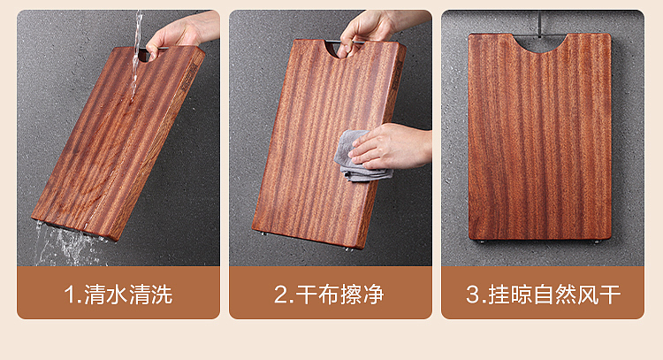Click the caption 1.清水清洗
118,294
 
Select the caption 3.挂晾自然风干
543,294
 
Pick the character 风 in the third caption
586,294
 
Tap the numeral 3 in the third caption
472,294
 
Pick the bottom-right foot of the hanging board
598,240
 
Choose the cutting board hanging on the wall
539,137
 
